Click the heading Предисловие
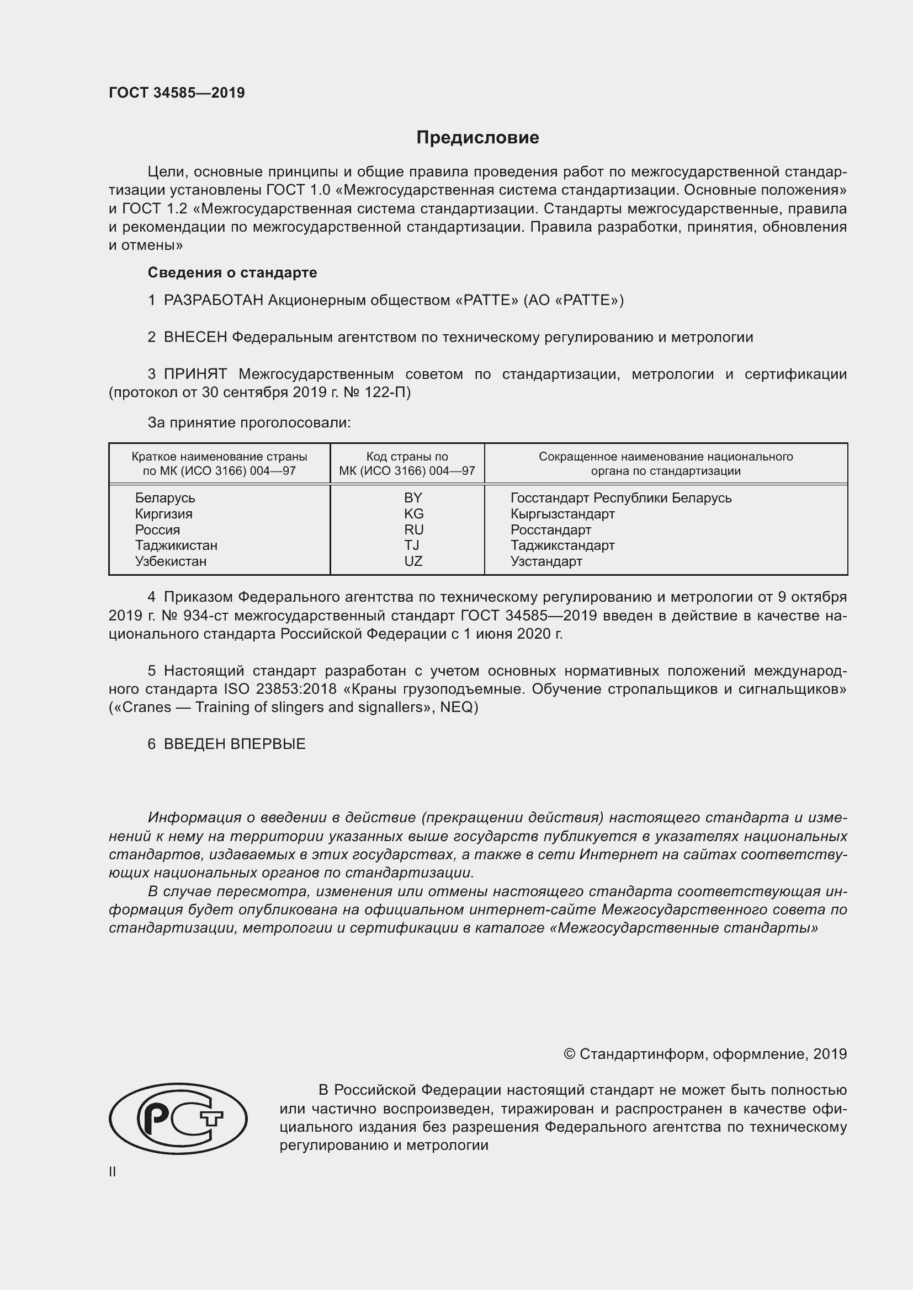477,138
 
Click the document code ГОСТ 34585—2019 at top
177,93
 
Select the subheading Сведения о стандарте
232,272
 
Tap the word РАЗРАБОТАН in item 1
213,300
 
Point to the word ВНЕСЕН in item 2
195,337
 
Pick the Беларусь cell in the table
164,498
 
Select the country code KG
413,513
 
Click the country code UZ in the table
413,561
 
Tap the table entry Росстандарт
550,529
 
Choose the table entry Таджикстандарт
562,545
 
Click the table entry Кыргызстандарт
562,513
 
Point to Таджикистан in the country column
176,545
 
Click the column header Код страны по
407,456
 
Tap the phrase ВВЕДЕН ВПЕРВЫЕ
235,744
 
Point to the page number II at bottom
113,1171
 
